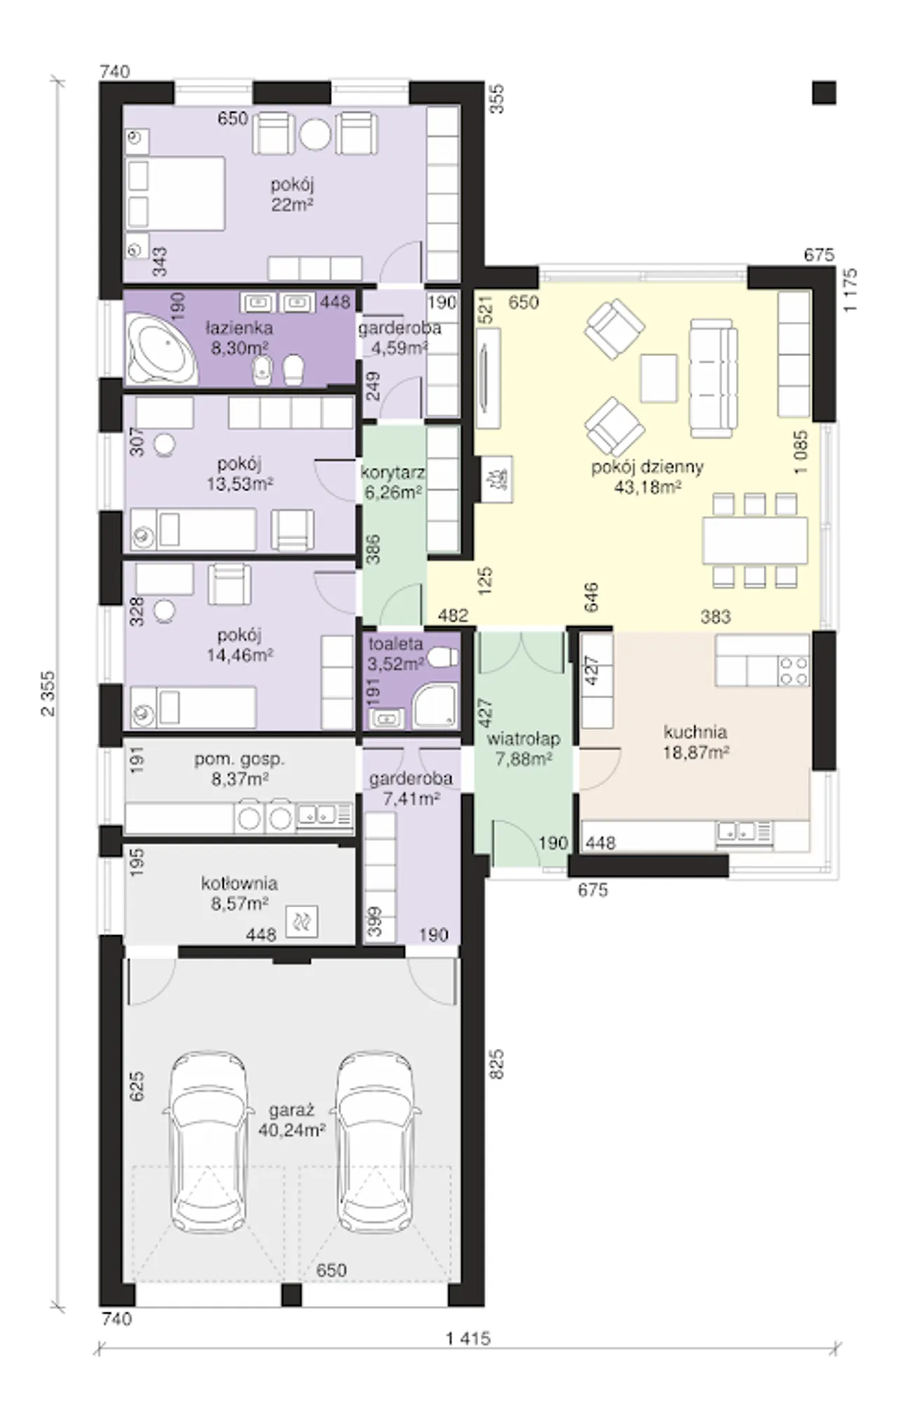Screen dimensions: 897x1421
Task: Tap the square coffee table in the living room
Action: [x=659, y=379]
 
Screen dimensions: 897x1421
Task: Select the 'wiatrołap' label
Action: [x=523, y=739]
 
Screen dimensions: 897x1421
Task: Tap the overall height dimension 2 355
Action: [x=48, y=693]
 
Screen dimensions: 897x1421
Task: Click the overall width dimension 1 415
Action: [x=468, y=1338]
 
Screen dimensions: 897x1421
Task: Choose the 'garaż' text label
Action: [x=291, y=1110]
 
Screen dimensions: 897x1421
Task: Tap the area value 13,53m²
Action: [x=240, y=483]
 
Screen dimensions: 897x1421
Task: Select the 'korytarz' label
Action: [x=392, y=472]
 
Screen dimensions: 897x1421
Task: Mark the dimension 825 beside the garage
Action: [x=496, y=1063]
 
